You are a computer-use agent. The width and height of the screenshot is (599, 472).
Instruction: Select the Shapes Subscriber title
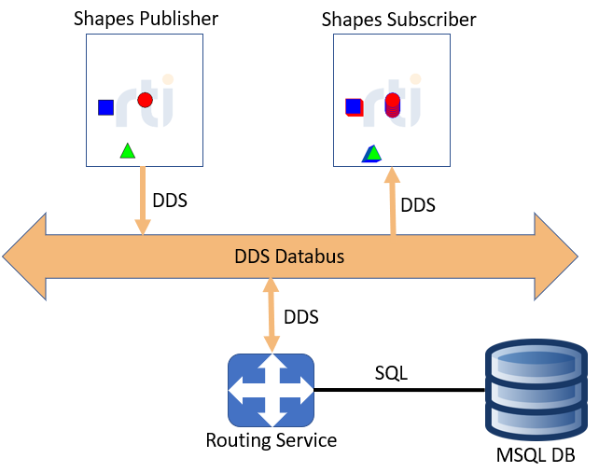[x=398, y=19]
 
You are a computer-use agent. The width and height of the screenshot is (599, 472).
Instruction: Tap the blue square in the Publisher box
[x=105, y=107]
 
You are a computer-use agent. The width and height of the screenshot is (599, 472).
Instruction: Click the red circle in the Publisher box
[x=145, y=100]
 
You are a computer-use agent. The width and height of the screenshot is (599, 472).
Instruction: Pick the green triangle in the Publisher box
[x=128, y=150]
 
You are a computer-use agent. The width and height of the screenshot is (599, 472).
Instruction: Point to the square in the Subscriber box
[x=354, y=106]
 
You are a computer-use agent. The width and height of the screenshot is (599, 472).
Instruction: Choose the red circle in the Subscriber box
[x=392, y=103]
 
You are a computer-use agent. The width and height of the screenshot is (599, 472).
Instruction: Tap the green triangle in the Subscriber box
[x=372, y=153]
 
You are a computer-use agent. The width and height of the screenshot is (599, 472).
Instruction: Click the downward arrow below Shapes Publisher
[x=142, y=201]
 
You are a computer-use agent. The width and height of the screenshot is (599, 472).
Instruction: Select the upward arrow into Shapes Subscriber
[x=392, y=201]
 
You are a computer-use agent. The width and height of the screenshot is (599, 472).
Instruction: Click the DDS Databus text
[x=288, y=256]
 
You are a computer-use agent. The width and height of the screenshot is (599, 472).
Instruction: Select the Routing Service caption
[x=271, y=439]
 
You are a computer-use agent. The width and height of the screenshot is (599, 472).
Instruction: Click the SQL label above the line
[x=391, y=373]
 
